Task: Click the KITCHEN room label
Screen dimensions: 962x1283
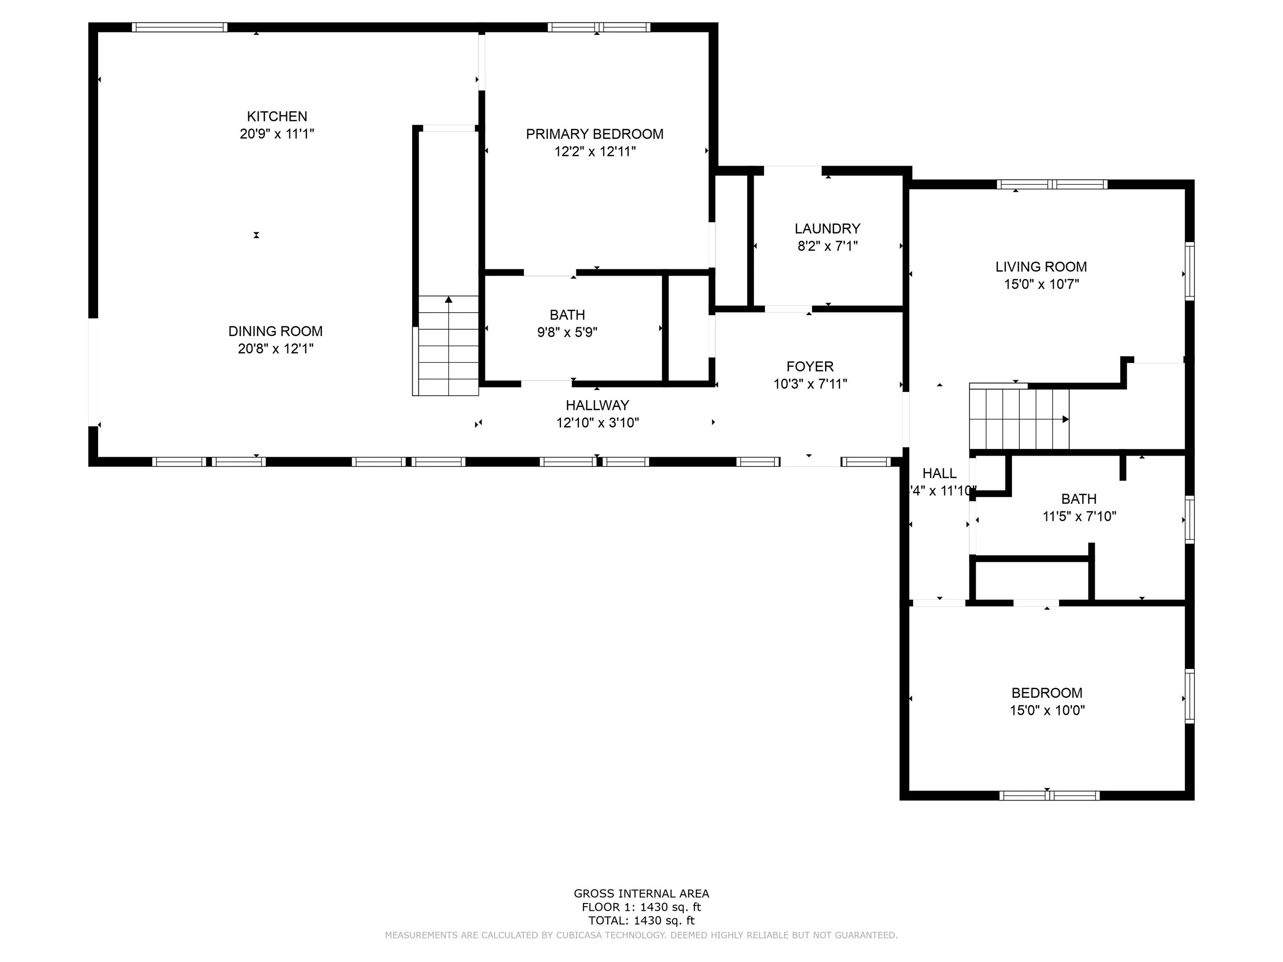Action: (x=277, y=116)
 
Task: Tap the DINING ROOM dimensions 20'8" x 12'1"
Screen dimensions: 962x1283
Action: (x=276, y=348)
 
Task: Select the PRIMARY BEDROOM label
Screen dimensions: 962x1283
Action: (x=594, y=134)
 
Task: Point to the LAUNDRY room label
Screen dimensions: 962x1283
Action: (x=827, y=228)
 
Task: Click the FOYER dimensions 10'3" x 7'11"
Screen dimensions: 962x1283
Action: (x=810, y=384)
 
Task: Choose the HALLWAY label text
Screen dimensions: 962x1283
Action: (x=597, y=405)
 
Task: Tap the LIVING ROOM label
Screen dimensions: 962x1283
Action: (x=1041, y=267)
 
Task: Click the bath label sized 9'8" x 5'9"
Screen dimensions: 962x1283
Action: (x=567, y=315)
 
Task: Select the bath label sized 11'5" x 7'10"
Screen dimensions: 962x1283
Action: (x=1079, y=499)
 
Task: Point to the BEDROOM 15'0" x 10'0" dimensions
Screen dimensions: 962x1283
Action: (x=1047, y=710)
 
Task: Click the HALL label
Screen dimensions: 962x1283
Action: (x=940, y=473)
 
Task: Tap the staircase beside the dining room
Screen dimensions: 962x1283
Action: (x=449, y=346)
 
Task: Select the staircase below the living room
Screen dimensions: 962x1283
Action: (x=1019, y=419)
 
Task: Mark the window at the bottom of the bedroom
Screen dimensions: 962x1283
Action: (x=1048, y=796)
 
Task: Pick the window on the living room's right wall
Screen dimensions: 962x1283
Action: (x=1189, y=271)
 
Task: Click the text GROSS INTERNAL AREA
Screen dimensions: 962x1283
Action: (x=641, y=894)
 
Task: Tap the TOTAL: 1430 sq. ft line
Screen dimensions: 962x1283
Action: (x=641, y=920)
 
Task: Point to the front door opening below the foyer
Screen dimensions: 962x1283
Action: (x=810, y=462)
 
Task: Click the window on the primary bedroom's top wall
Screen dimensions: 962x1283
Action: (x=598, y=27)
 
